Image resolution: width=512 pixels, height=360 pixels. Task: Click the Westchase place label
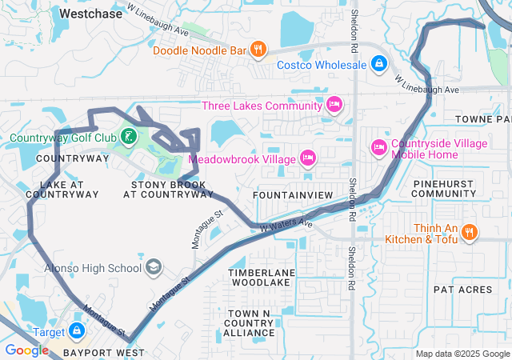pyautogui.click(x=91, y=14)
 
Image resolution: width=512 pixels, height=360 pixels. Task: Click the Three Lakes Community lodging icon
pyautogui.click(x=334, y=105)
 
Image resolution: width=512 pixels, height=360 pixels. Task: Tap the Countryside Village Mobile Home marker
pyautogui.click(x=378, y=148)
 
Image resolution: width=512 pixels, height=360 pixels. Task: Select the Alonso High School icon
pyautogui.click(x=153, y=268)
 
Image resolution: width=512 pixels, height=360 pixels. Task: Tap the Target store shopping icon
pyautogui.click(x=76, y=330)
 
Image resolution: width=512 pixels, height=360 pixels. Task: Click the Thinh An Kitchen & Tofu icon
pyautogui.click(x=470, y=233)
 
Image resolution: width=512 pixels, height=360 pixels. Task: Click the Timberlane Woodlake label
pyautogui.click(x=262, y=278)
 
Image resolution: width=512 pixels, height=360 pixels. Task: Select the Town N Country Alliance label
pyautogui.click(x=249, y=322)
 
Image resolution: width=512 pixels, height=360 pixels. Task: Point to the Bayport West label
pyautogui.click(x=106, y=352)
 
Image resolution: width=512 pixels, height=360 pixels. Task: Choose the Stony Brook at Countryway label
pyautogui.click(x=168, y=189)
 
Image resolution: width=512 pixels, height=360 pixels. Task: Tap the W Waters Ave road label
pyautogui.click(x=286, y=227)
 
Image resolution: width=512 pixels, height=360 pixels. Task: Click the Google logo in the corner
pyautogui.click(x=26, y=350)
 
